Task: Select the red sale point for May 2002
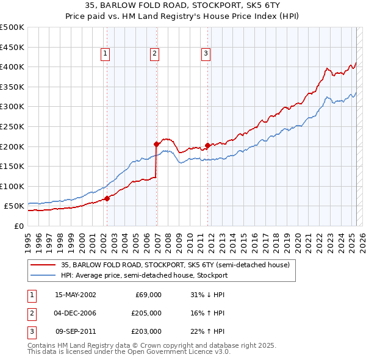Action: coord(107,198)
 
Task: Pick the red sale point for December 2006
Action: coord(156,145)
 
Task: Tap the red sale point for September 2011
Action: coord(207,145)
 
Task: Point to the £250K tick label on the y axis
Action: coord(12,126)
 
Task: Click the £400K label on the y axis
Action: coord(12,67)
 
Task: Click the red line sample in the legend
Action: coord(43,265)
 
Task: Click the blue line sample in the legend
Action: coord(43,275)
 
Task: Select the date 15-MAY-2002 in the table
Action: coord(76,295)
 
